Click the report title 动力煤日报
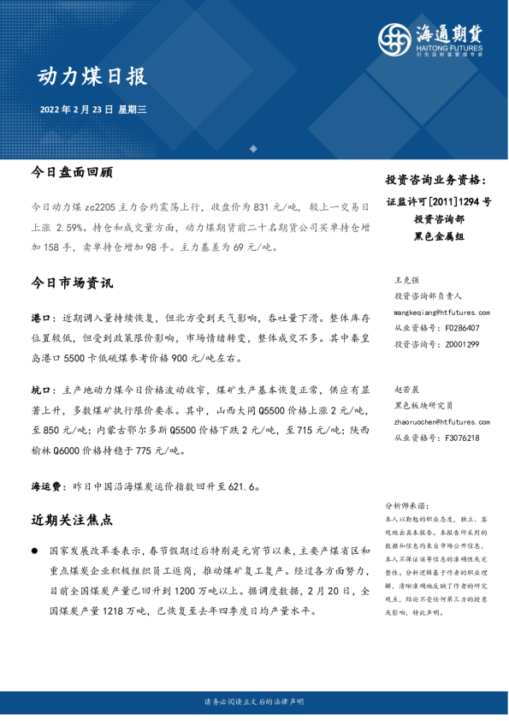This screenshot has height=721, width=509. (92, 76)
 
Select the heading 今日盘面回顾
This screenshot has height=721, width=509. (71, 171)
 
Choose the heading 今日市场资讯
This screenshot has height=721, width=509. (71, 282)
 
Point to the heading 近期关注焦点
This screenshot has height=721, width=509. (71, 520)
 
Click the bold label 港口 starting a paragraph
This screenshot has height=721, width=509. (40, 318)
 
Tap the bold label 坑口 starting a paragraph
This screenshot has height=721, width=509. (40, 390)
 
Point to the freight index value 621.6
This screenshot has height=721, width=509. (240, 485)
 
